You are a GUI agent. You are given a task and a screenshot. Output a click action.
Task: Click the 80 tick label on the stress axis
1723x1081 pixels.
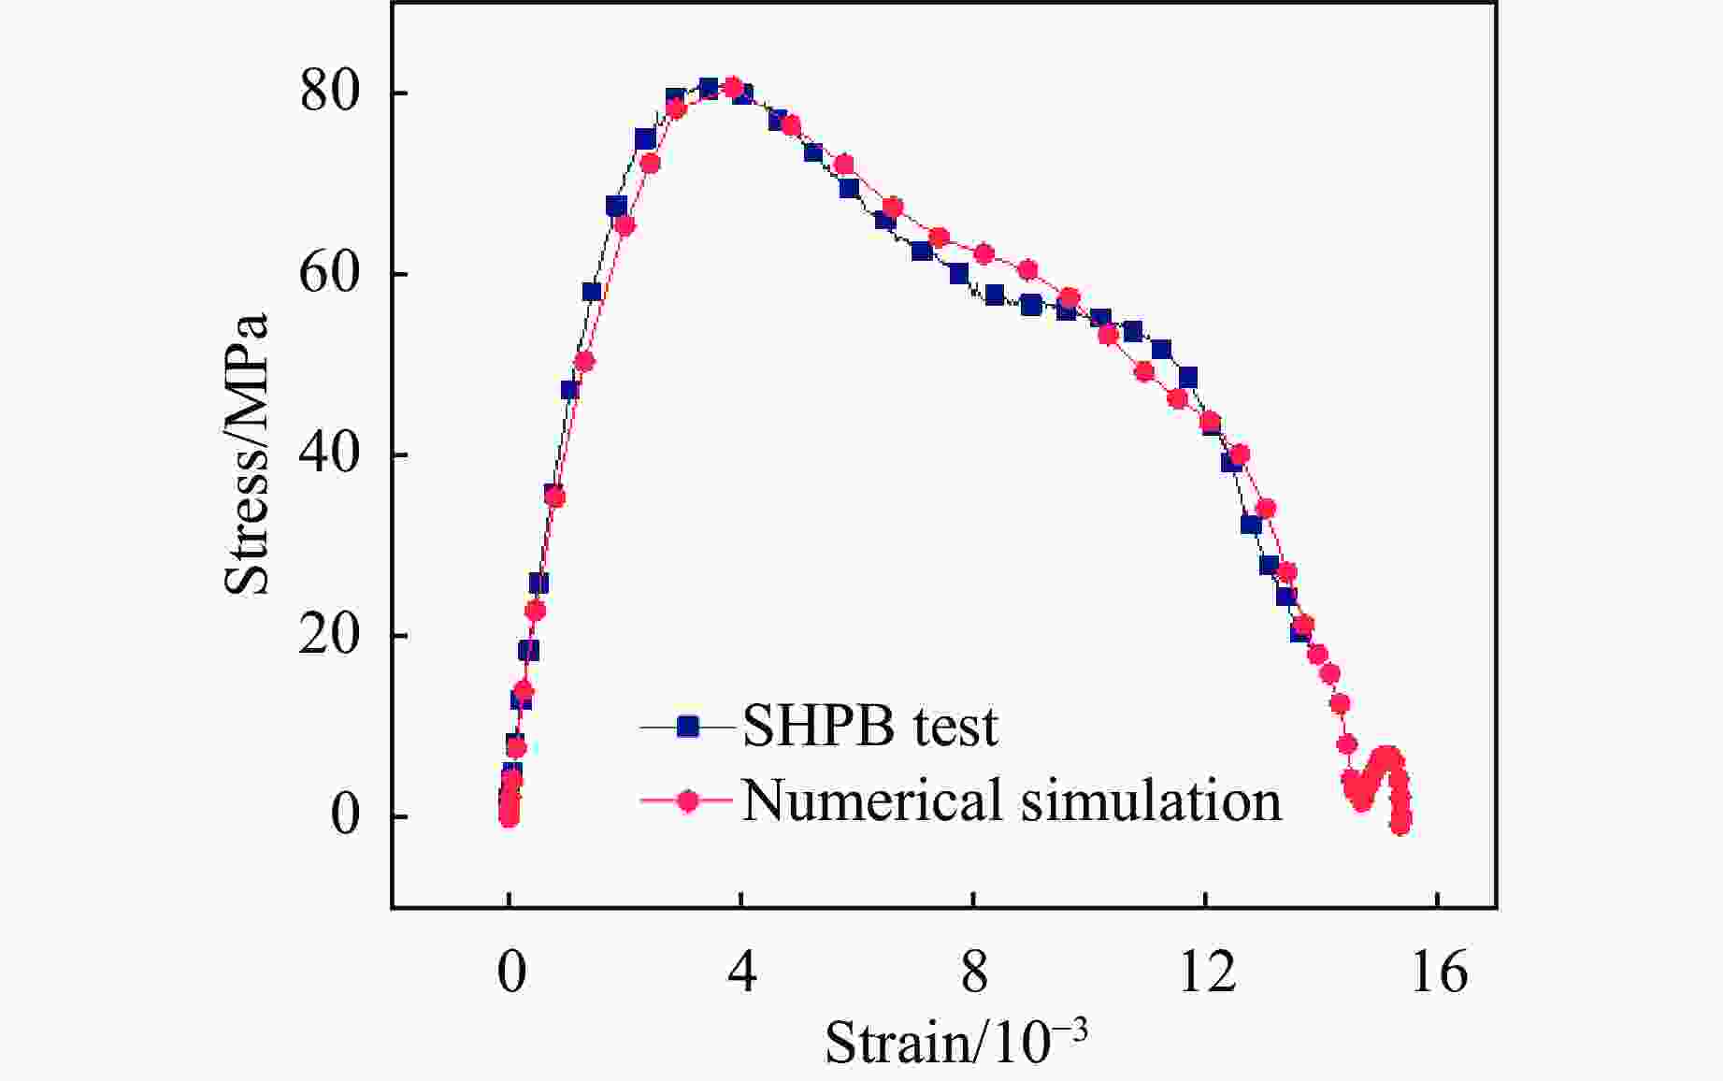329,93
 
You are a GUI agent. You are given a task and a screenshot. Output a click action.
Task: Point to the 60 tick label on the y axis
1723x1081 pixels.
329,274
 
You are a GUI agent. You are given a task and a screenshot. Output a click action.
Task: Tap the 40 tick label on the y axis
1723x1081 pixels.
329,454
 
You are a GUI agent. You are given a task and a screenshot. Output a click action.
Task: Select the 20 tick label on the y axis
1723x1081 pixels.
329,635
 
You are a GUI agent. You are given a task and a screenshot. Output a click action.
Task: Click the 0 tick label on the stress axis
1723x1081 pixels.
345,816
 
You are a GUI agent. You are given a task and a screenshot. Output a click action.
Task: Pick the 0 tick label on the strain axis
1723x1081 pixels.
510,973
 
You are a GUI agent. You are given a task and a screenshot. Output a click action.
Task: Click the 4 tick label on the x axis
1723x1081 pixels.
741,973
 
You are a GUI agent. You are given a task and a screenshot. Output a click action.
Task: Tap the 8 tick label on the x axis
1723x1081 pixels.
974,973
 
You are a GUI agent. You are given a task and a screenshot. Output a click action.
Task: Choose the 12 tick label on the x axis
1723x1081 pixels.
1206,973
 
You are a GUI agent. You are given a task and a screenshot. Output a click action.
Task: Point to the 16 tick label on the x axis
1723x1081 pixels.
1438,973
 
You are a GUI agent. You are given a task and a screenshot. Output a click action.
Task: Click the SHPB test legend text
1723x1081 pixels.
869,727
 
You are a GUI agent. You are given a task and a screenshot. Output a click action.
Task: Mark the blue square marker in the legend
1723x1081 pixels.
688,726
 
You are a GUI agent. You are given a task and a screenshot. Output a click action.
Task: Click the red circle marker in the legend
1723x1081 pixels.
688,800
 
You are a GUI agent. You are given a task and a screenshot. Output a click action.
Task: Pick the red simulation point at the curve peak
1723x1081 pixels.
733,88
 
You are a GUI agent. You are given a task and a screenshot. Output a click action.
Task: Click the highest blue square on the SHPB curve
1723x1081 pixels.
709,88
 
